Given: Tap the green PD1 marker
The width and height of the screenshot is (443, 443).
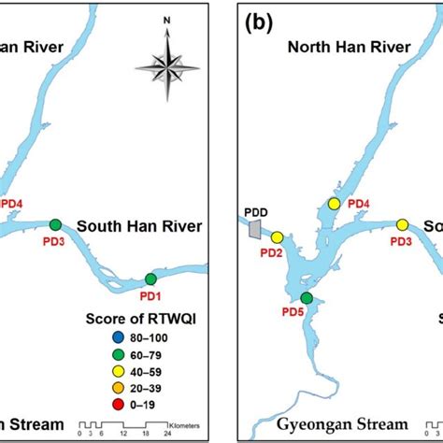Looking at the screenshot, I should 151,279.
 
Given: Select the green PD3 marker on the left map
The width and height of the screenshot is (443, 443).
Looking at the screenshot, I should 55,224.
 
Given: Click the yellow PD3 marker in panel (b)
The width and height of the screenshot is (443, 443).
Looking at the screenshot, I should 402,224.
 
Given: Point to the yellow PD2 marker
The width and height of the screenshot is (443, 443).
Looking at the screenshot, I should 277,236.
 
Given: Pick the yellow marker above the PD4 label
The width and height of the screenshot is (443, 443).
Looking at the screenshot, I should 334,204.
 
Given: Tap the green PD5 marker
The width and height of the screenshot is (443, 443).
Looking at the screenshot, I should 307,298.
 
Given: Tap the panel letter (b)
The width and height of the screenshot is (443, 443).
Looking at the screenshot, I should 258,21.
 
